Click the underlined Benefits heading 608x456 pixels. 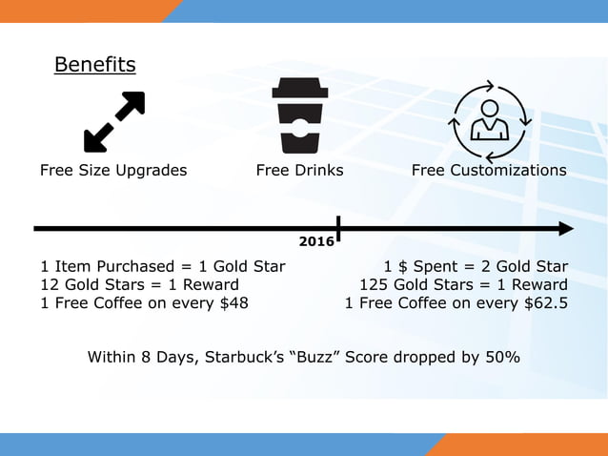[x=94, y=65]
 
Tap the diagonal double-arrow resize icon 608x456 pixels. [x=114, y=122]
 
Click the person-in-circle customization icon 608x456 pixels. [x=489, y=122]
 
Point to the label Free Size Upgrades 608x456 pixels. [x=113, y=171]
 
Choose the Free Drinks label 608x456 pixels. [x=300, y=171]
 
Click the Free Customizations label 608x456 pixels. [x=489, y=171]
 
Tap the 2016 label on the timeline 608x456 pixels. [x=316, y=242]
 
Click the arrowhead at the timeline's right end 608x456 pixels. [x=566, y=229]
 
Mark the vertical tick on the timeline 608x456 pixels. [x=338, y=229]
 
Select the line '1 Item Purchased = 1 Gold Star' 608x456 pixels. [x=162, y=266]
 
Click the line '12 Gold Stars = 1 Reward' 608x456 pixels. [x=139, y=284]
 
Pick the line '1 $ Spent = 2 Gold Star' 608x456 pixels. [x=476, y=266]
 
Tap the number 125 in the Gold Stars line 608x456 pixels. [x=375, y=284]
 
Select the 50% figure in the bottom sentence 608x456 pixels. [x=501, y=358]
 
